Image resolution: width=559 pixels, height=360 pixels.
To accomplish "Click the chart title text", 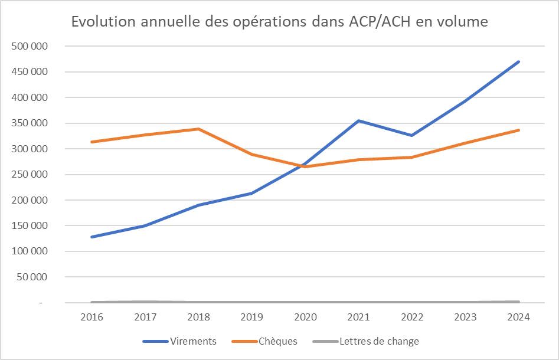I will point(279,22).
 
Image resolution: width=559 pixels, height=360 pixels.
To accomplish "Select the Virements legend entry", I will point(192,341).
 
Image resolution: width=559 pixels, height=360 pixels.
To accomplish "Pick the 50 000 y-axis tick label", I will point(32,277).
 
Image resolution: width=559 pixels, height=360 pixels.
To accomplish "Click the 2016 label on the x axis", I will point(91,317).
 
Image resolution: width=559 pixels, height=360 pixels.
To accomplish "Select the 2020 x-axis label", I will point(305,317).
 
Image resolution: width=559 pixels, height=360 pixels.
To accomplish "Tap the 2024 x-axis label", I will point(519,317).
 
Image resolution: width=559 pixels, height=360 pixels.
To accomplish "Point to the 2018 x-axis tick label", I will point(198,317).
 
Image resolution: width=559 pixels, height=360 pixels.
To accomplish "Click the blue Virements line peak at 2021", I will point(358,121).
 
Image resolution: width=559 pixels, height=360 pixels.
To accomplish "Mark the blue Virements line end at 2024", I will point(519,61).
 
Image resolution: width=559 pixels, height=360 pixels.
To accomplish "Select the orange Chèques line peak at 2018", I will point(198,129).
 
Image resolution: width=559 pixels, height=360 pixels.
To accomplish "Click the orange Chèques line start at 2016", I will point(91,142).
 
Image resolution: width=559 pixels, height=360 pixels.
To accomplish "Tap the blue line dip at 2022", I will point(412,136).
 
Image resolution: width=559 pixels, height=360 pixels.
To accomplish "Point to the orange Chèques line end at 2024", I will point(519,130).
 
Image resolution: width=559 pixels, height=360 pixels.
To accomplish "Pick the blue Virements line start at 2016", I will point(91,237).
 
